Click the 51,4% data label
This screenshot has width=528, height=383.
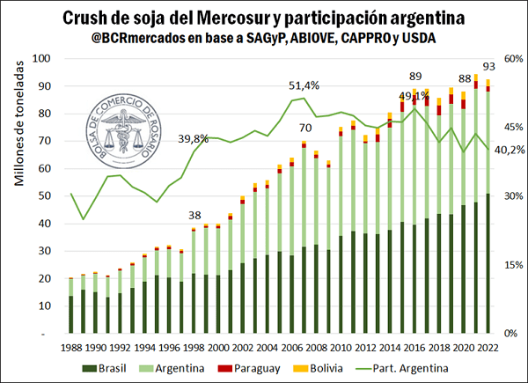[304, 85]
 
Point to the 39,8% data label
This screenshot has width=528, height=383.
[193, 138]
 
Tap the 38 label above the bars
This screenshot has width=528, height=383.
[194, 216]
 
